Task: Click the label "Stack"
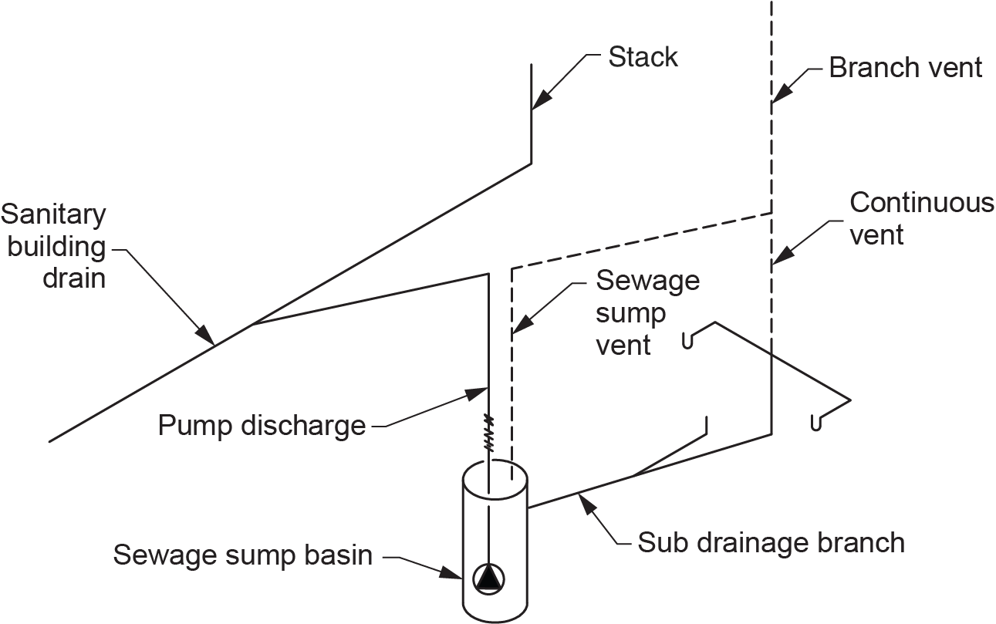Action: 643,56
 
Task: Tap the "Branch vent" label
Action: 905,68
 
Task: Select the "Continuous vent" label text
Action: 921,218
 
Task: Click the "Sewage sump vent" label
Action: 647,312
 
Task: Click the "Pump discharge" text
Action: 262,425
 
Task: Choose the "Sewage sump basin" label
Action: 243,554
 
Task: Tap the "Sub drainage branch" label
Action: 771,542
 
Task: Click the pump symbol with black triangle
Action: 488,578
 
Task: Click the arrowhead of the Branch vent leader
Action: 779,95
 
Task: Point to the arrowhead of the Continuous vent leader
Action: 780,256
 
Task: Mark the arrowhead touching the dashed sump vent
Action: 519,326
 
